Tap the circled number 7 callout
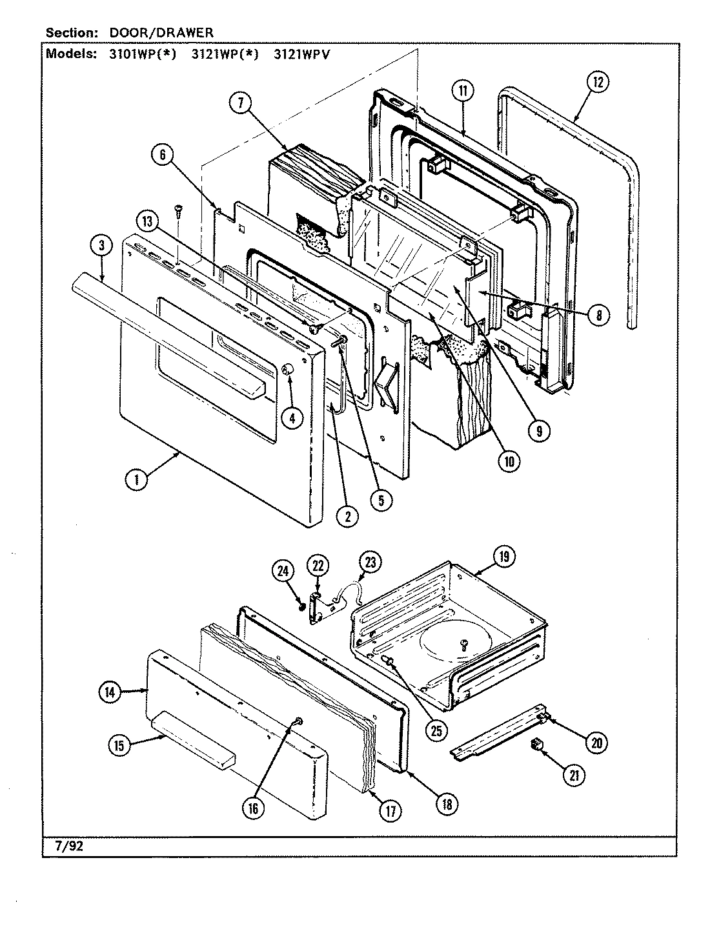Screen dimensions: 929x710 (x=240, y=104)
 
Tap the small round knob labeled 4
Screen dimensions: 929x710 (x=288, y=370)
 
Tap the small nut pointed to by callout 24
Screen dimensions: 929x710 (x=301, y=605)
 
